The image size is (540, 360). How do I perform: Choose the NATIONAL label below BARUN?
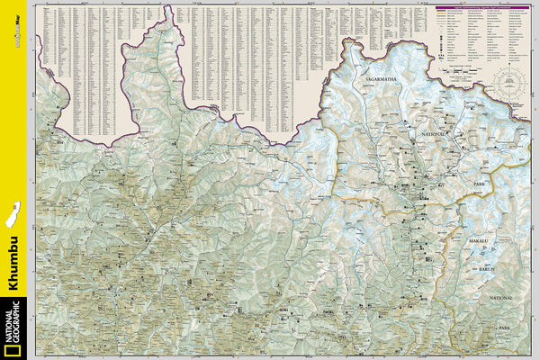point(501,296)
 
